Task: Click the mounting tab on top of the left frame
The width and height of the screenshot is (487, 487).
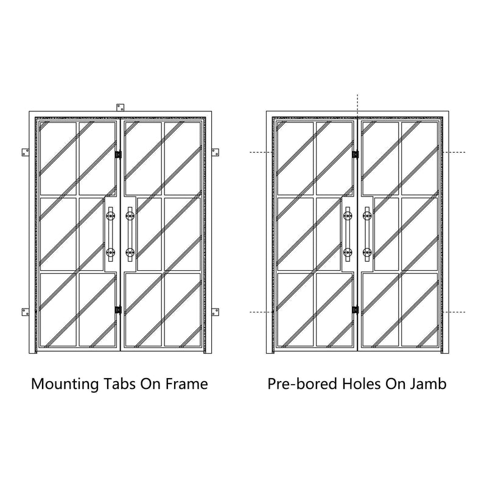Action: tap(120, 108)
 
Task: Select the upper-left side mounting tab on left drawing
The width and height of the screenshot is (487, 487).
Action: tap(26, 153)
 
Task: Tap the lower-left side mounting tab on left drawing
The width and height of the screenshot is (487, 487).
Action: tap(26, 312)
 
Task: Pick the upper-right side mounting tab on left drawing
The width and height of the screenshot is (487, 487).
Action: tap(215, 153)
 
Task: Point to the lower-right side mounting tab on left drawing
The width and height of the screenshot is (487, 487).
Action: tap(215, 312)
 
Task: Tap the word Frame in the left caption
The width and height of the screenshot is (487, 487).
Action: tap(186, 384)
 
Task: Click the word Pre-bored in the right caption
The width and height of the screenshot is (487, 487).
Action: tap(302, 384)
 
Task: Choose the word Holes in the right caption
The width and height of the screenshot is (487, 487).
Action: tap(361, 384)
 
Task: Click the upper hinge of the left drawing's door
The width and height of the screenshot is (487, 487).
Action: tap(118, 155)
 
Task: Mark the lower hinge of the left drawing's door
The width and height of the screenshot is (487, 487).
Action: tap(118, 310)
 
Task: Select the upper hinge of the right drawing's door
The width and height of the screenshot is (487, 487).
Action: tap(356, 155)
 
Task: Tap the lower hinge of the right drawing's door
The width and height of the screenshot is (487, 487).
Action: tap(356, 310)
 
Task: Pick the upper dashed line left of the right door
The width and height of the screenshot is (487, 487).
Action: tap(261, 153)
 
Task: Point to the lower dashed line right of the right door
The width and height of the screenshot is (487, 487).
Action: tap(454, 312)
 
